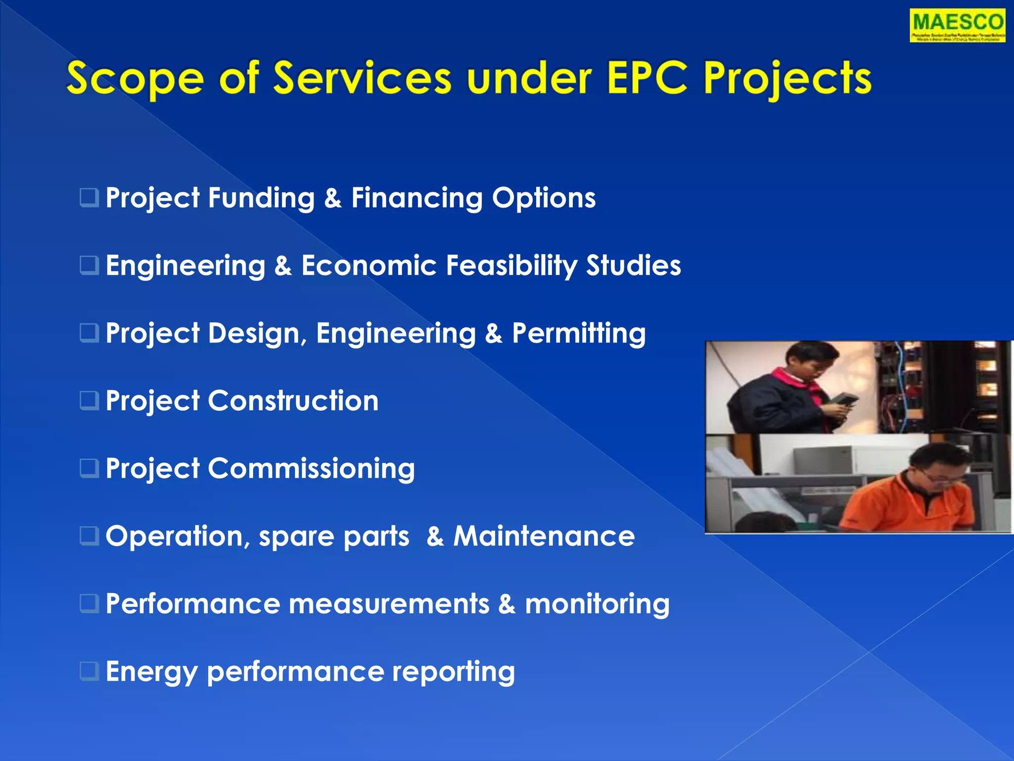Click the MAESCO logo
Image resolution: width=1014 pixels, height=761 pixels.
tap(957, 25)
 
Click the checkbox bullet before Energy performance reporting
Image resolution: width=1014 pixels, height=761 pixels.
tap(89, 671)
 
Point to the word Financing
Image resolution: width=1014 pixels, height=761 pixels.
tap(416, 198)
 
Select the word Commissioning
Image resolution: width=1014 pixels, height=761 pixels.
tap(311, 469)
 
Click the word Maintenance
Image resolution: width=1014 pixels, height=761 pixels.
tap(544, 536)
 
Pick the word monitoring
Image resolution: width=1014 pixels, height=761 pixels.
tap(597, 604)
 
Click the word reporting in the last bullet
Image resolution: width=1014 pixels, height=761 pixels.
tap(453, 672)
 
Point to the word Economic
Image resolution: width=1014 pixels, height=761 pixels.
tap(368, 266)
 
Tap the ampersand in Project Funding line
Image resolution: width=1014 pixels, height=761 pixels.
tap(333, 198)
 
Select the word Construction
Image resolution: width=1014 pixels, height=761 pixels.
tap(293, 400)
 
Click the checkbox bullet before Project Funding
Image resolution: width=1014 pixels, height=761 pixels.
tap(89, 197)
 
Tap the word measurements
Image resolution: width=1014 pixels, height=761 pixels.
tap(389, 604)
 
